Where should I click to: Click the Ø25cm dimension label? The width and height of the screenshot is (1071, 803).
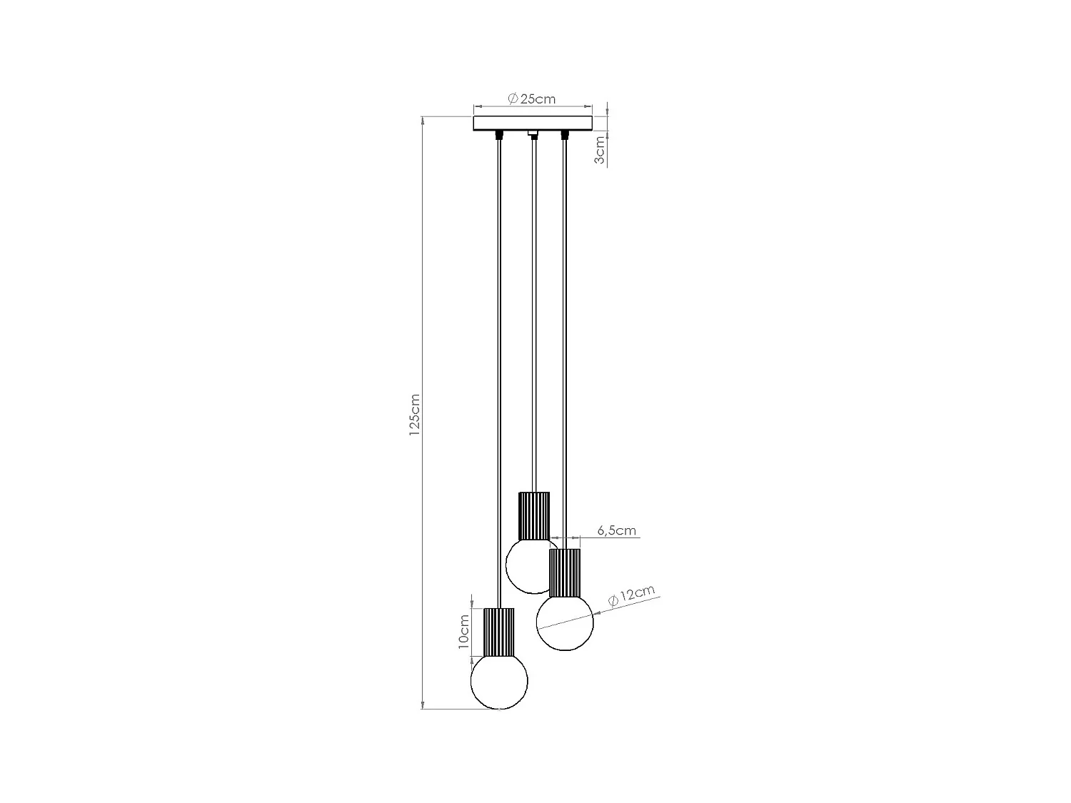click(532, 99)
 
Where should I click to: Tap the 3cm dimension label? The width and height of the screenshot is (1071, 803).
click(600, 150)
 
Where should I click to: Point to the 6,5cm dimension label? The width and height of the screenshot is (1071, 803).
click(615, 530)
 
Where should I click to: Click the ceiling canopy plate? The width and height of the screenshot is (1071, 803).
click(533, 123)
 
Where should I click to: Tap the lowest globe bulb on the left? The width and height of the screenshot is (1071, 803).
click(499, 682)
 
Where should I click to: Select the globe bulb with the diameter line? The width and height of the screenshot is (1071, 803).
click(565, 622)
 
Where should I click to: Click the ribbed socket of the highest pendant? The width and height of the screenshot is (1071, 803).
click(534, 515)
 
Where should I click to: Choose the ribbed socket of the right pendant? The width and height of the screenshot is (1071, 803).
click(564, 572)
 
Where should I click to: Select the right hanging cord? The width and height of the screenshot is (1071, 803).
click(565, 335)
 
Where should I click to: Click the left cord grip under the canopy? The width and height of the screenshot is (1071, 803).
click(499, 135)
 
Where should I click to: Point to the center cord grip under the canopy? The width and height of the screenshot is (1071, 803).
click(533, 134)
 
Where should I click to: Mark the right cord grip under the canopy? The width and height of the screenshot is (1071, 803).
click(565, 135)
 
